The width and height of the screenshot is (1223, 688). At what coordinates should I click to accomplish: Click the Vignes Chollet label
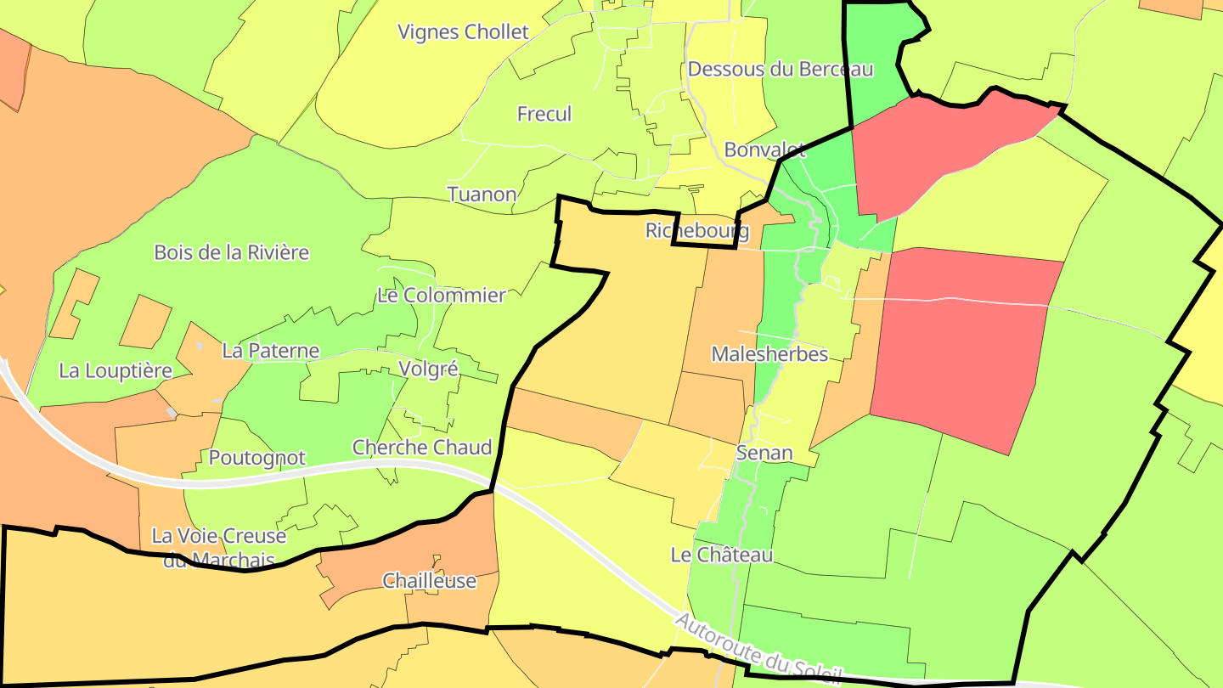tap(464, 32)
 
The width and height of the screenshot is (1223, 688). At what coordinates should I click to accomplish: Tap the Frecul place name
tap(544, 114)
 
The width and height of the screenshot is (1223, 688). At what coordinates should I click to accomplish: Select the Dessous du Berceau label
tap(780, 69)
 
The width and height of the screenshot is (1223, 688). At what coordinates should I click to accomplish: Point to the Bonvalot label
tap(764, 149)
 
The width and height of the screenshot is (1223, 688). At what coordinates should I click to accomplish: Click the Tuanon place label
tap(482, 195)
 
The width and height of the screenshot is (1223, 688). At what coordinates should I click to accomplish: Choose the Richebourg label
tap(697, 231)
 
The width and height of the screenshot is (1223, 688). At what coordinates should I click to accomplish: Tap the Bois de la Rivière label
tap(231, 252)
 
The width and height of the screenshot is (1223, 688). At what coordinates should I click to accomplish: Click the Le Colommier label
tap(441, 296)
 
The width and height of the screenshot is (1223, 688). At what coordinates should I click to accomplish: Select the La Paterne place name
tap(270, 350)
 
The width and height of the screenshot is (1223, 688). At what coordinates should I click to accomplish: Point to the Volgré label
tap(429, 369)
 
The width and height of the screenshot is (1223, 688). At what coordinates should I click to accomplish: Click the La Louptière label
tap(116, 370)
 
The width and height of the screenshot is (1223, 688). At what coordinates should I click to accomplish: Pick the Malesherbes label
tap(769, 354)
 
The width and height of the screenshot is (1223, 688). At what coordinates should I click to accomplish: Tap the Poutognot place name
tap(256, 458)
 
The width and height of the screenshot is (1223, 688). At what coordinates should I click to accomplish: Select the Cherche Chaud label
tap(422, 448)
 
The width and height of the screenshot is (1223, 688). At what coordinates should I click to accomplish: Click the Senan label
tap(764, 453)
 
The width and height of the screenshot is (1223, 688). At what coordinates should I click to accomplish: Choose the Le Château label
tap(722, 555)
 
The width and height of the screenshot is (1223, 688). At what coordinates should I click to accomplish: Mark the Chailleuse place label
tap(429, 581)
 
